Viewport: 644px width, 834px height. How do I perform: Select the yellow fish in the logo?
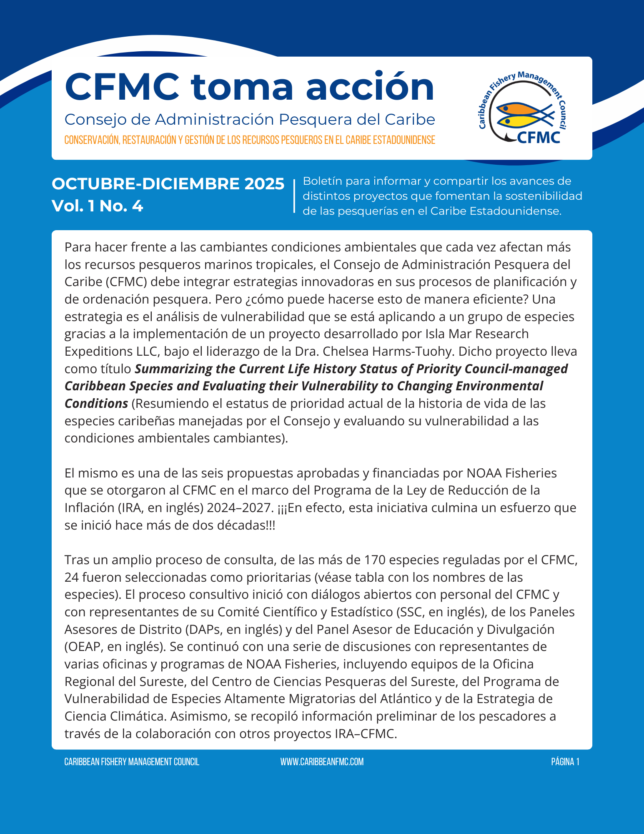(519, 121)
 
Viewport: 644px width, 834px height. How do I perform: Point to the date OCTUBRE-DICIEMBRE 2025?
(168, 184)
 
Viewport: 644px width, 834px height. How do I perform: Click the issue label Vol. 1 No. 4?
(97, 206)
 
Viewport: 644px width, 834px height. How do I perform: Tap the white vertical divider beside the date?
(294, 196)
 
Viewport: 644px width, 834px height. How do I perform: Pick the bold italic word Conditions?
(96, 404)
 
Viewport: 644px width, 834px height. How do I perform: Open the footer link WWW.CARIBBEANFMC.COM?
(322, 762)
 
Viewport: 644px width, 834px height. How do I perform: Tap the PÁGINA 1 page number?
(565, 762)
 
